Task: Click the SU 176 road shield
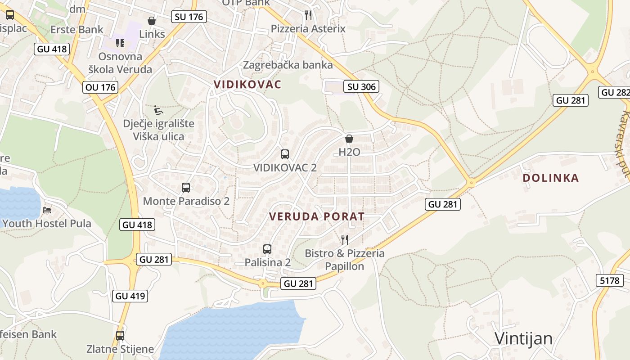(189, 17)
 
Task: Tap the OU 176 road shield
(100, 87)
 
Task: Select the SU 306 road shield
(361, 86)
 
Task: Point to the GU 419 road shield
(130, 296)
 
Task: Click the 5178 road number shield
(610, 281)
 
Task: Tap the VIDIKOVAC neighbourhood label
(247, 84)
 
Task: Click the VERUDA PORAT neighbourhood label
(316, 216)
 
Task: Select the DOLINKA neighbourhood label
(550, 178)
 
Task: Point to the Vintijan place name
(523, 338)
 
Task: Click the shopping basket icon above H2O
(349, 139)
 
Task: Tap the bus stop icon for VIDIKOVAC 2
(285, 154)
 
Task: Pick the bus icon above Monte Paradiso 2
(186, 188)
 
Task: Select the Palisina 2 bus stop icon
(267, 249)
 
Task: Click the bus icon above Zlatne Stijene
(120, 335)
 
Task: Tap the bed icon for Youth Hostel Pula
(47, 210)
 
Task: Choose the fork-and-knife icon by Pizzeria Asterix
(308, 15)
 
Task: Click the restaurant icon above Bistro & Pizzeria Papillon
(345, 239)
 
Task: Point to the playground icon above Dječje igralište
(158, 110)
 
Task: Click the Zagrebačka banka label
(288, 65)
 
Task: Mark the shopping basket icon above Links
(152, 21)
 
